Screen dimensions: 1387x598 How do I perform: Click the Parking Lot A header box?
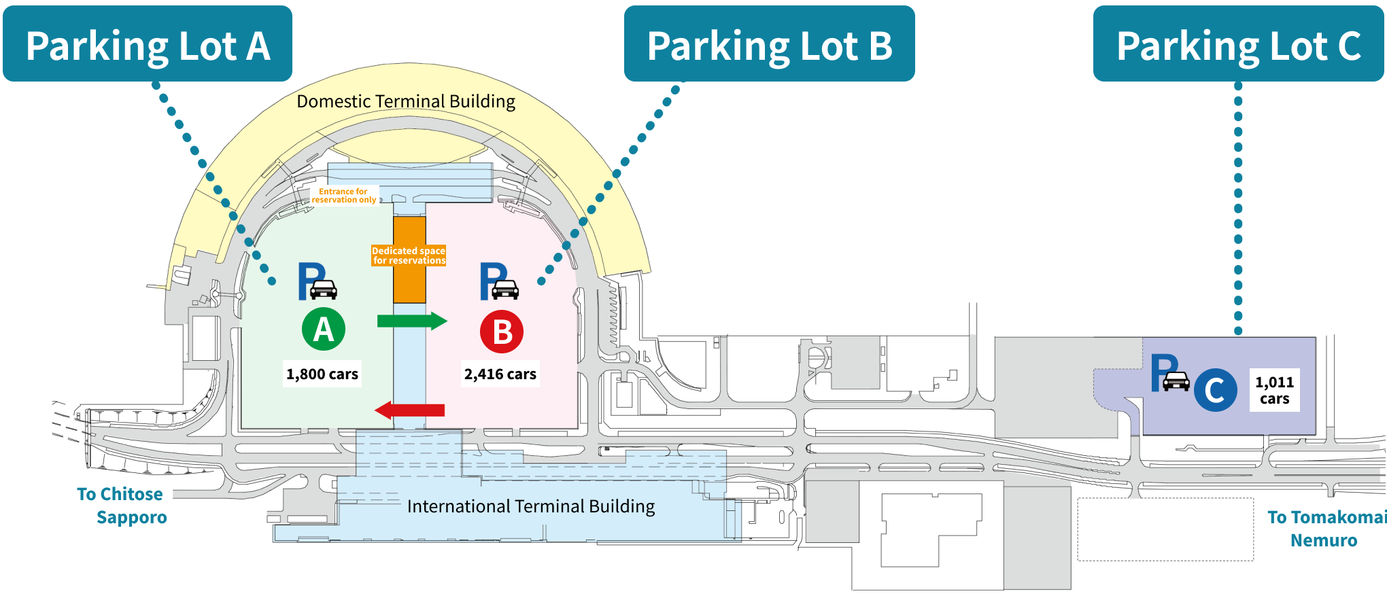point(148,43)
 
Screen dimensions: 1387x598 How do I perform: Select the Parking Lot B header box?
point(770,43)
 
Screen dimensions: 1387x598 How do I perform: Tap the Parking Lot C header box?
point(1239,43)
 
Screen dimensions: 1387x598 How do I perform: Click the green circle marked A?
point(324,329)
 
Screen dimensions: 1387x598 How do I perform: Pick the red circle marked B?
point(502,332)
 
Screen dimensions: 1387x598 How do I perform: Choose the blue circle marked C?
point(1216,390)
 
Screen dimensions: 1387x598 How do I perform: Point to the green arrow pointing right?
point(412,321)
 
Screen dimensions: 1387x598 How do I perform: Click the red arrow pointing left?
point(410,410)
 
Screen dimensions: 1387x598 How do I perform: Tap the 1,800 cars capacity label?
point(322,374)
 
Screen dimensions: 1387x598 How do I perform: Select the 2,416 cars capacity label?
point(500,374)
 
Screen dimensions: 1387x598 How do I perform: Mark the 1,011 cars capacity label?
point(1275,390)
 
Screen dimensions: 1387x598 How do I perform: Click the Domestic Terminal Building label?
point(406,101)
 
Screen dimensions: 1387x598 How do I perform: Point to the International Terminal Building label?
point(531,506)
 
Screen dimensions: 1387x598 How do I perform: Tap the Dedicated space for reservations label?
point(409,256)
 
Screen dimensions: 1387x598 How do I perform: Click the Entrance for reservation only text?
point(344,196)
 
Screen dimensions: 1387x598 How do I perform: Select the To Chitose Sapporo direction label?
point(122,506)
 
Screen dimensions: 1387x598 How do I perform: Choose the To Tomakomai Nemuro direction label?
point(1326,529)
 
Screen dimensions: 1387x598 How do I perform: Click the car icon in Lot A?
point(324,289)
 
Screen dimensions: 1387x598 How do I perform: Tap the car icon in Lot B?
point(505,289)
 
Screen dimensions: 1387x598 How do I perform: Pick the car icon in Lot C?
point(1176,381)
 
